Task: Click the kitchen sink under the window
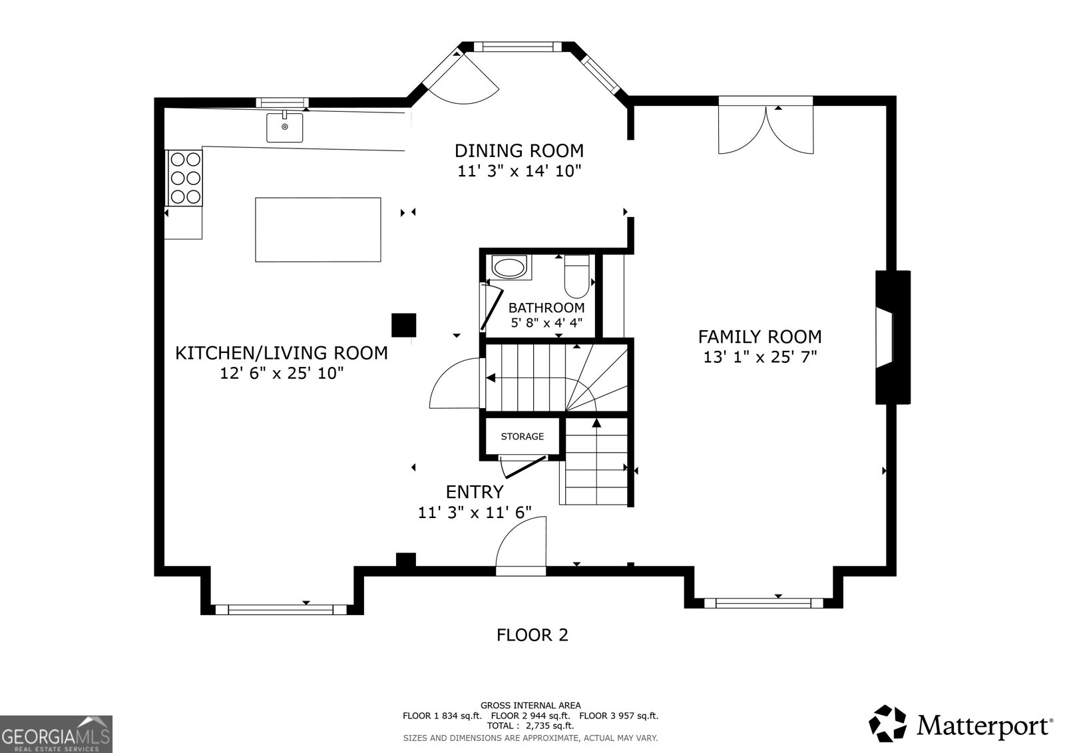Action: [284, 127]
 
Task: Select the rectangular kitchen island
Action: [318, 229]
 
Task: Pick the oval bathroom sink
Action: [509, 268]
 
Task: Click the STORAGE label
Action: [522, 437]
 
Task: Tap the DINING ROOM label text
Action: [519, 150]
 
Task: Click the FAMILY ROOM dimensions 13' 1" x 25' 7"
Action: [759, 357]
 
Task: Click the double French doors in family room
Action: [765, 128]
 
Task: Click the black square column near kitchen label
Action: [403, 325]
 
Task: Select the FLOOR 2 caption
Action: [532, 635]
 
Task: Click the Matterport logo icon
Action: [888, 723]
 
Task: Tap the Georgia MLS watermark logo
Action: [56, 734]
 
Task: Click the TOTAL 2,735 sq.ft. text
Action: [530, 726]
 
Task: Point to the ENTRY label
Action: [474, 492]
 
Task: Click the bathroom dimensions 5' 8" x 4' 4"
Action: [546, 323]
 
